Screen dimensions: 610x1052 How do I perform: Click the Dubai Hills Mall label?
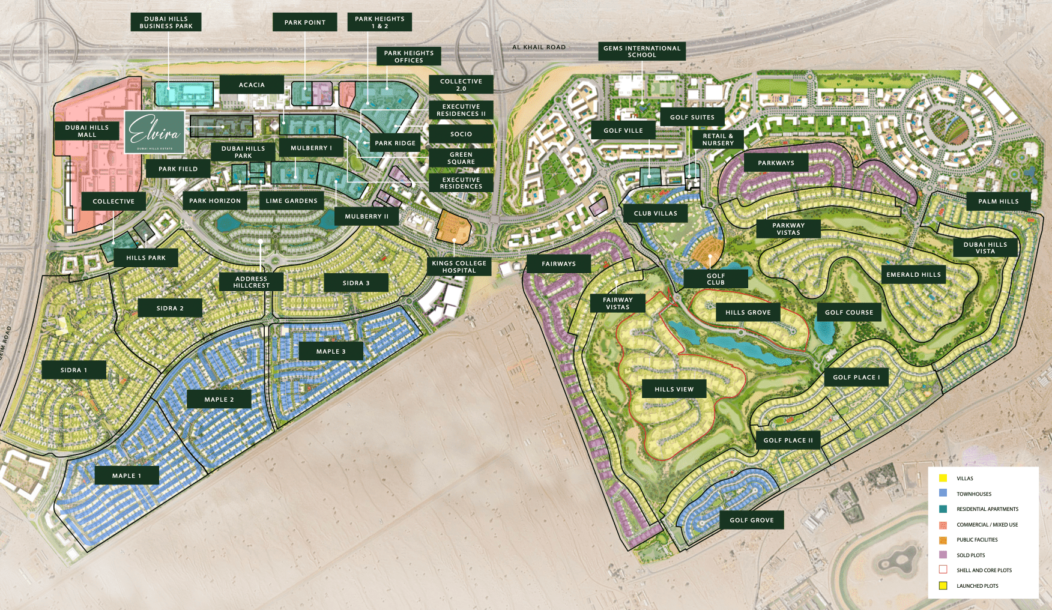[x=86, y=131]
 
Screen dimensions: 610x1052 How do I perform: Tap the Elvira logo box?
[x=154, y=131]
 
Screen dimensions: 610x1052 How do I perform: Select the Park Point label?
[x=305, y=22]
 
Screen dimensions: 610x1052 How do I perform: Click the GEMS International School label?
[x=642, y=52]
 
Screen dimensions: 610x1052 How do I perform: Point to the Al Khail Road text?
[x=539, y=47]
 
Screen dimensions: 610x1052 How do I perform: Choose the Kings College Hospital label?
[x=459, y=267]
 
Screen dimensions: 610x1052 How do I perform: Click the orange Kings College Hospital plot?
[x=453, y=226]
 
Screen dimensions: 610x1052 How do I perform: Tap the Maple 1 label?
[x=127, y=476]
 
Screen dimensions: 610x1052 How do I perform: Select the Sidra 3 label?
[x=356, y=283]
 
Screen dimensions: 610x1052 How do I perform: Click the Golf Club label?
[x=716, y=279]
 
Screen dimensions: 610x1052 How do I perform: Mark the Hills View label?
[x=674, y=389]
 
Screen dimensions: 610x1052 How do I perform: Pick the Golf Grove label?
[x=752, y=520]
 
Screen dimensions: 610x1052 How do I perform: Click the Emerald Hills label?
[x=913, y=274]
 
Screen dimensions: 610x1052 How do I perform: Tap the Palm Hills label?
[x=998, y=201]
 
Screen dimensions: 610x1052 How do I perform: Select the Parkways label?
[x=776, y=163]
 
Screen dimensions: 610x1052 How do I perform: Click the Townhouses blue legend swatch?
[x=943, y=493]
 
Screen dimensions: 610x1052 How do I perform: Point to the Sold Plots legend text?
[x=970, y=555]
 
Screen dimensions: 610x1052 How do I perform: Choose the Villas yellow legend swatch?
[x=943, y=478]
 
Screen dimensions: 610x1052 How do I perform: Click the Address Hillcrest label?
[x=251, y=282]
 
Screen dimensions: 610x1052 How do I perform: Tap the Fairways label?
[x=558, y=264]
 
